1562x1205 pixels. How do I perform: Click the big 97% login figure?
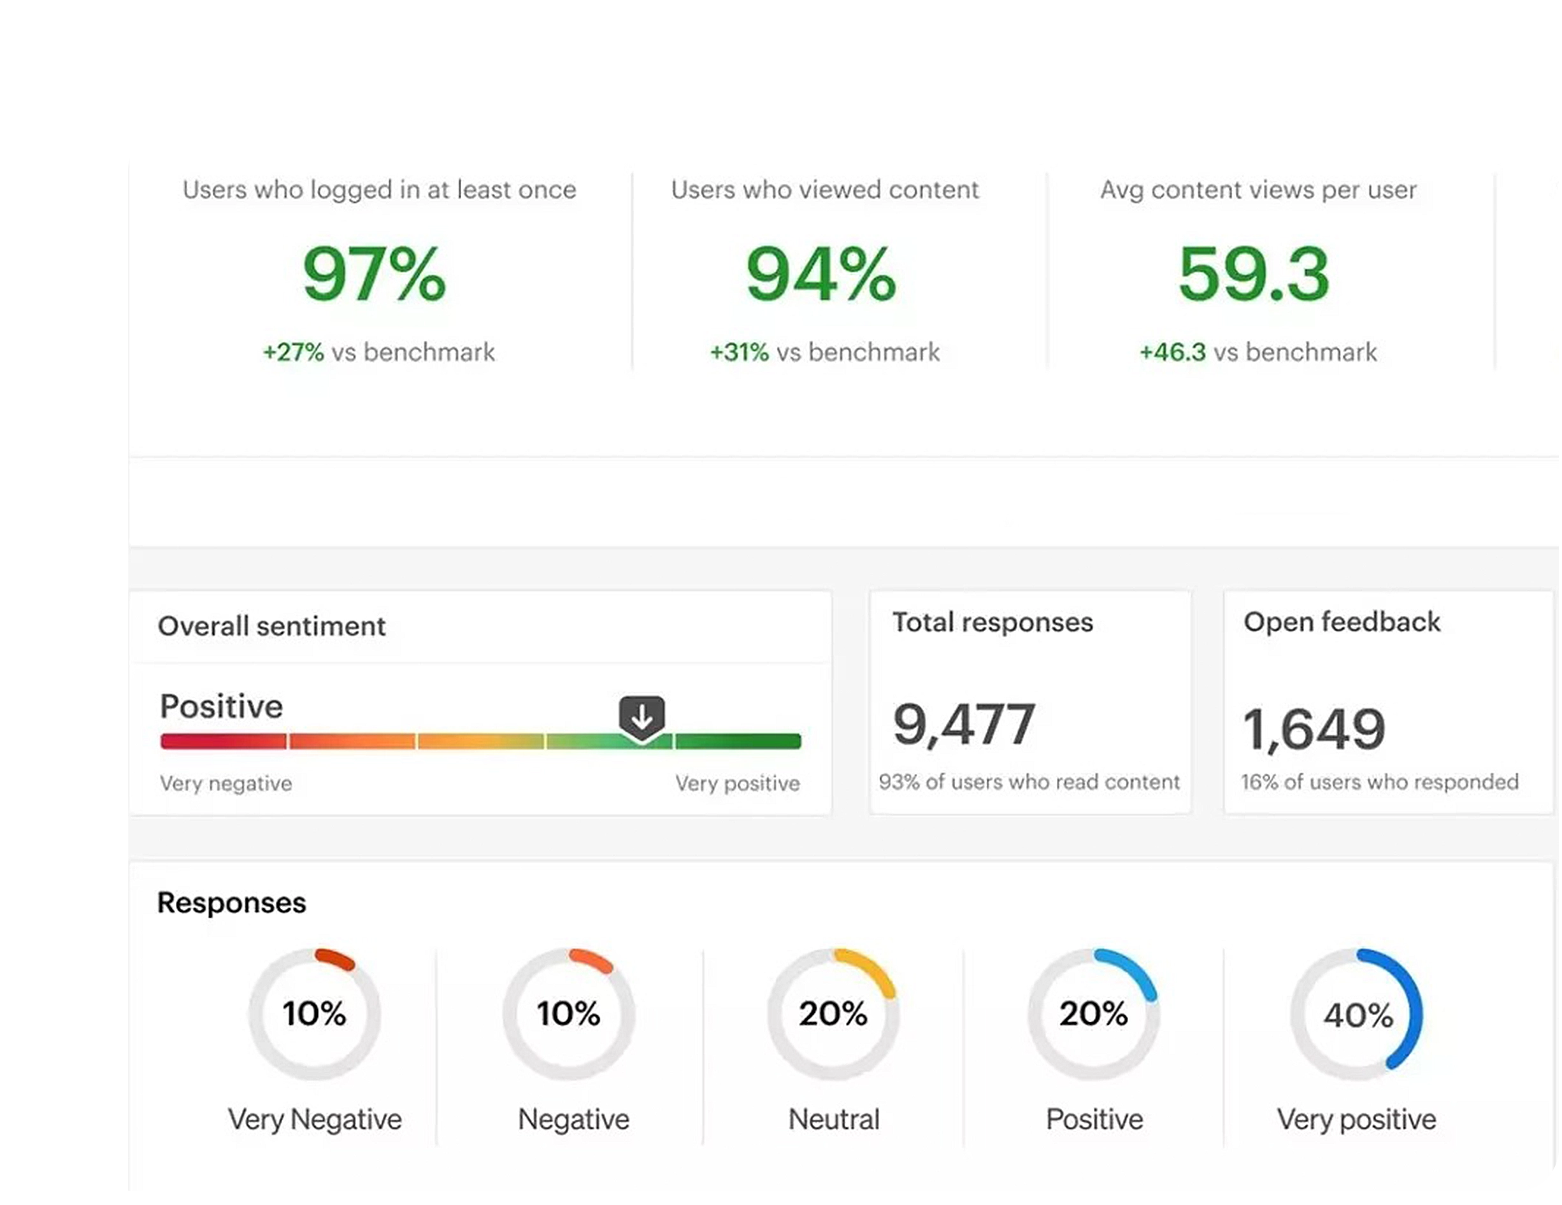coord(374,274)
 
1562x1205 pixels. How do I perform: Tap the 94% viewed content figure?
coord(820,274)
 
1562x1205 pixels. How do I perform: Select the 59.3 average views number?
coord(1253,274)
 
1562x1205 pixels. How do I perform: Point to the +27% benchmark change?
coord(293,353)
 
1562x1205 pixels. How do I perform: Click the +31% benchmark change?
coord(739,353)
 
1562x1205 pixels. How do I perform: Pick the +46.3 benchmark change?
coord(1172,353)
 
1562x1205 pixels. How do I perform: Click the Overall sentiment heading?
coord(271,627)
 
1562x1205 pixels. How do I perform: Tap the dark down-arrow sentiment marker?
coord(641,716)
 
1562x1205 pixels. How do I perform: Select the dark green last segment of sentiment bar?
coord(738,741)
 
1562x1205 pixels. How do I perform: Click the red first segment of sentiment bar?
coord(223,741)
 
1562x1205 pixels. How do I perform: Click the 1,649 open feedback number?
coord(1314,729)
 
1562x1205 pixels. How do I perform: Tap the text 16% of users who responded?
coord(1380,782)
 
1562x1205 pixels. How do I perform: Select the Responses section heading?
coord(231,902)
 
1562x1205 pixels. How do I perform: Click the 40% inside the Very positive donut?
coord(1358,1015)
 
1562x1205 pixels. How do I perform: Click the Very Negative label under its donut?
coord(315,1119)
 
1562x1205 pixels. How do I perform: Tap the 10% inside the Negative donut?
coord(569,1014)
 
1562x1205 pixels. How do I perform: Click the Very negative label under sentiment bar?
coord(226,784)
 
